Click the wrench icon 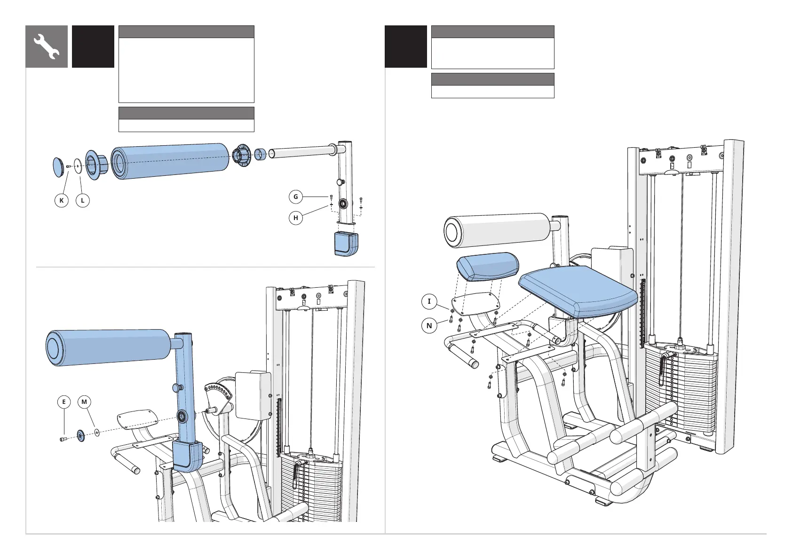47,47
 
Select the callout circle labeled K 62,200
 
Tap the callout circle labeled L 83,200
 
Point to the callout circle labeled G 296,197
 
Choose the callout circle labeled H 296,218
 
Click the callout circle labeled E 64,402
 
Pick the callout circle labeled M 84,402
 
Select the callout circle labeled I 429,301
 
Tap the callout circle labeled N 429,325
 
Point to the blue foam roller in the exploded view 170,161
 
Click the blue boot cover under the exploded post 346,244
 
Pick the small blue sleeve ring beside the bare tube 260,154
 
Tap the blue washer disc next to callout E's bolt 80,436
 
